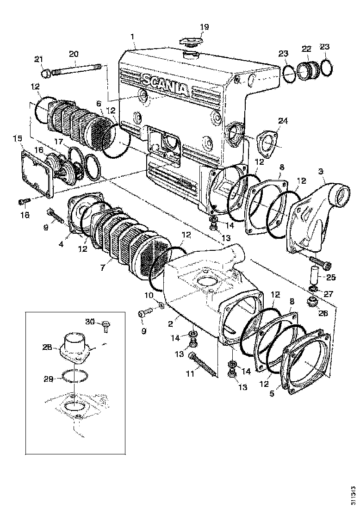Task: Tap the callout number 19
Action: [x=204, y=27]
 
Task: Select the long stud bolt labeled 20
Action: [x=76, y=72]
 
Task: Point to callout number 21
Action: [x=38, y=59]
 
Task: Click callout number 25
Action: [x=331, y=278]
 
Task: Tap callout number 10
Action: [x=149, y=295]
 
